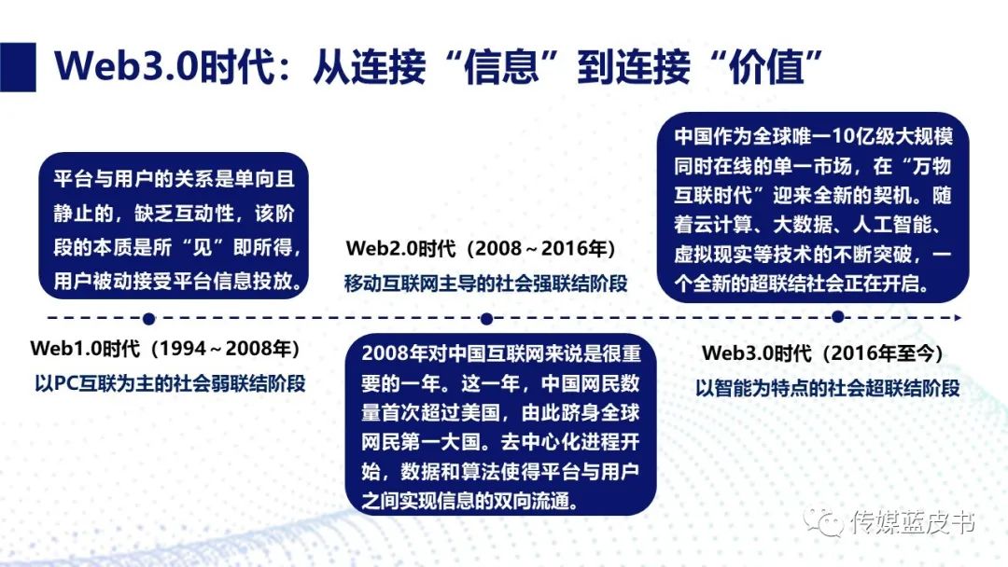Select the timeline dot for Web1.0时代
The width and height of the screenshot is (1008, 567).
[149, 319]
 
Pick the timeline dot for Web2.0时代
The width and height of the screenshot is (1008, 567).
[486, 319]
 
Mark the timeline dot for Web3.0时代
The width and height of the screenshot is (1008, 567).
[837, 319]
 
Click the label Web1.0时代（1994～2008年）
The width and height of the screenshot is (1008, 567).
[165, 350]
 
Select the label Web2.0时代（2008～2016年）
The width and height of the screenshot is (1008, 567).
[481, 250]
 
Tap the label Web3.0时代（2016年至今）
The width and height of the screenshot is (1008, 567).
[823, 353]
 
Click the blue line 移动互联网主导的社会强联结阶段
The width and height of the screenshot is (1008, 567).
[485, 283]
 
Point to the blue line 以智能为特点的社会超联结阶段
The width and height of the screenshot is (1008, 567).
[827, 387]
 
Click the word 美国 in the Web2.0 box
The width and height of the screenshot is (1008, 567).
[470, 411]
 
